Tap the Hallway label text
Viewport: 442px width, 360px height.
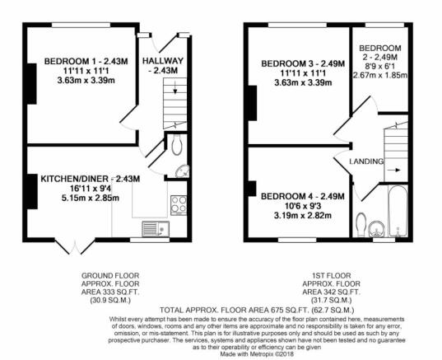click(163, 65)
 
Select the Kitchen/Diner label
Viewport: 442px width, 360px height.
click(91, 179)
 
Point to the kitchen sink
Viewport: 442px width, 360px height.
click(156, 228)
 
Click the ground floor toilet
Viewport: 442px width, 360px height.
click(177, 144)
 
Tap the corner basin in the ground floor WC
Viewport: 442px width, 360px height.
click(184, 171)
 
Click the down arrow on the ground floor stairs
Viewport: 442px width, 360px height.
click(175, 88)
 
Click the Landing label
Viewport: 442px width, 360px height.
click(366, 161)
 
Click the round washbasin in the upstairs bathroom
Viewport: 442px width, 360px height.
click(376, 228)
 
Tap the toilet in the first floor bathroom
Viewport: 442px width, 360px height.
click(361, 225)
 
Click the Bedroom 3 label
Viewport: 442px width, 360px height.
click(303, 63)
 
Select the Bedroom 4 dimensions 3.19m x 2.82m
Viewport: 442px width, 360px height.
click(303, 216)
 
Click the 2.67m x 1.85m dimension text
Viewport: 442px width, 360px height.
click(380, 75)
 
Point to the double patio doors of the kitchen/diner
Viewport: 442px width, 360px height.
click(75, 246)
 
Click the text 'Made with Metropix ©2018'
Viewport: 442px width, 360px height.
click(257, 353)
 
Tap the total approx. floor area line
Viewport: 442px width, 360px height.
click(257, 310)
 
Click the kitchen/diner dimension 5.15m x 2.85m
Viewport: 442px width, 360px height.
click(91, 198)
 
